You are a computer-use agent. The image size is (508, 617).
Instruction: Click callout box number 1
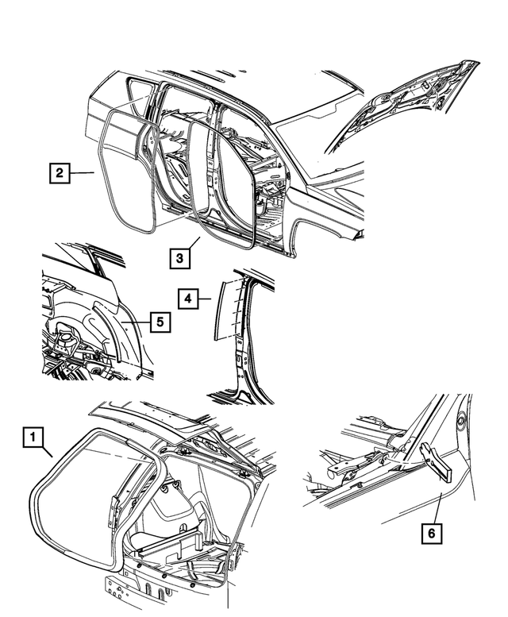33,436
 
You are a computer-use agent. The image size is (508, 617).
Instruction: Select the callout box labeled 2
58,172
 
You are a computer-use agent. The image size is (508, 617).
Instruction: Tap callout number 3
179,257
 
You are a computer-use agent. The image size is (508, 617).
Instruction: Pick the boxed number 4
187,299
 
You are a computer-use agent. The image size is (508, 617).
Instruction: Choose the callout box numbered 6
431,534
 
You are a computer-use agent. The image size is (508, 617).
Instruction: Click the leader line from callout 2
83,172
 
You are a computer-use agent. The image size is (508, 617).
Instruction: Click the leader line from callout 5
139,322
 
